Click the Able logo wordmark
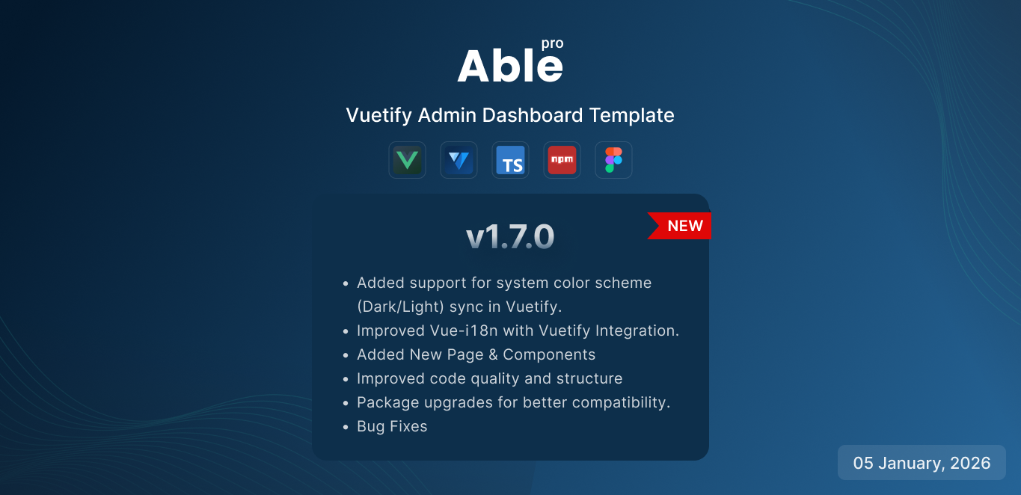(x=510, y=66)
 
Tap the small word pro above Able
(x=553, y=44)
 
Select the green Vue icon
(x=407, y=160)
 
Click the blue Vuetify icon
(x=459, y=160)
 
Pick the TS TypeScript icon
(x=510, y=160)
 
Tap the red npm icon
(x=562, y=160)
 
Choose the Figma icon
(x=613, y=160)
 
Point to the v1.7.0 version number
(x=510, y=236)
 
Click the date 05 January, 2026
(x=922, y=463)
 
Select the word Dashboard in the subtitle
(x=533, y=115)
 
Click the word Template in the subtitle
(x=632, y=116)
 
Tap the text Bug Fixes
(x=392, y=426)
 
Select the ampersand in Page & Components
(x=493, y=354)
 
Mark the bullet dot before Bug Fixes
(x=346, y=427)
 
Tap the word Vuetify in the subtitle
(x=378, y=116)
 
